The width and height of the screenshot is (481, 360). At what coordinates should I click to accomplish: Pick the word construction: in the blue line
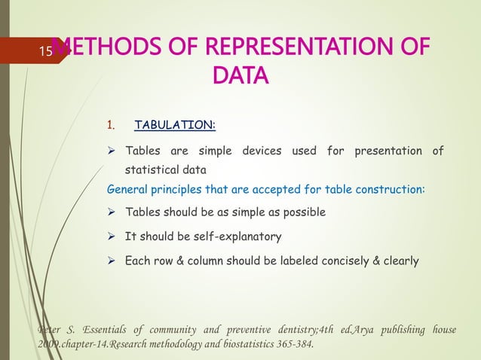[391, 188]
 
